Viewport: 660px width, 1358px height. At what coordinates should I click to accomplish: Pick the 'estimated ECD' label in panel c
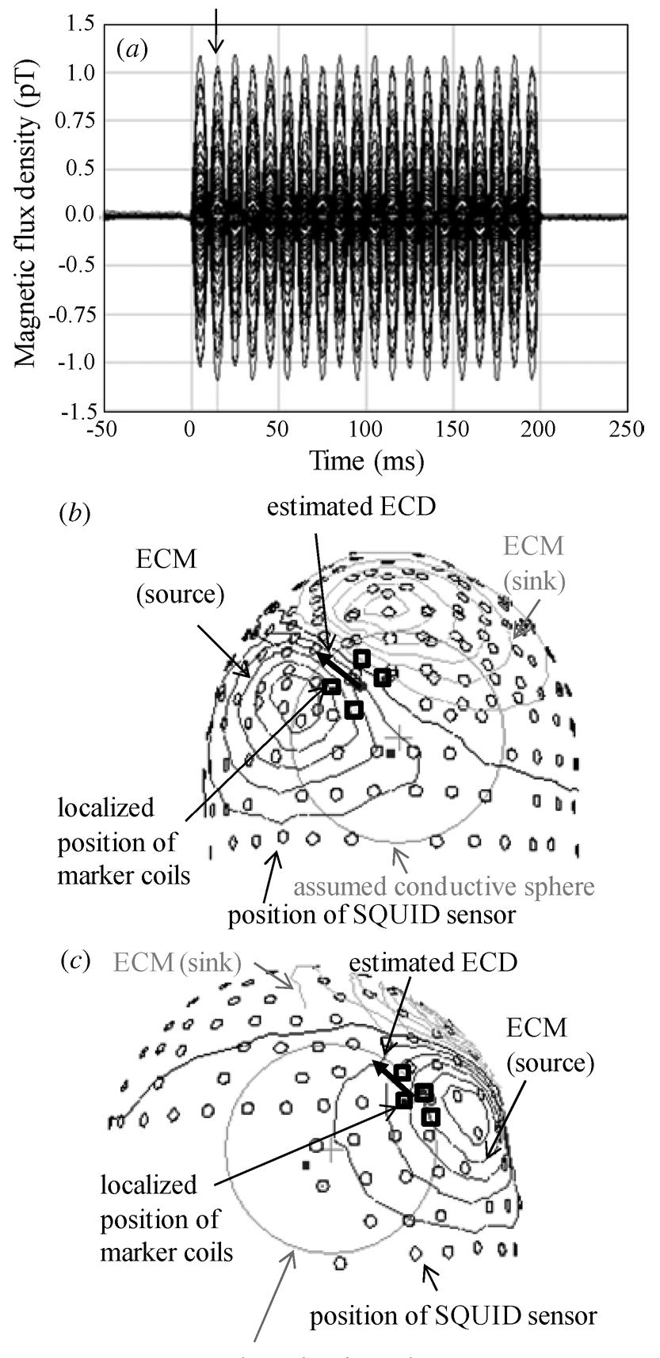pos(433,962)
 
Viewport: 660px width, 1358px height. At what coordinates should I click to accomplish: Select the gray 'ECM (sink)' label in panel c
pos(177,962)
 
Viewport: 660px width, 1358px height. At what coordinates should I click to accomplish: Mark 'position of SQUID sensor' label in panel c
pos(452,1316)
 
